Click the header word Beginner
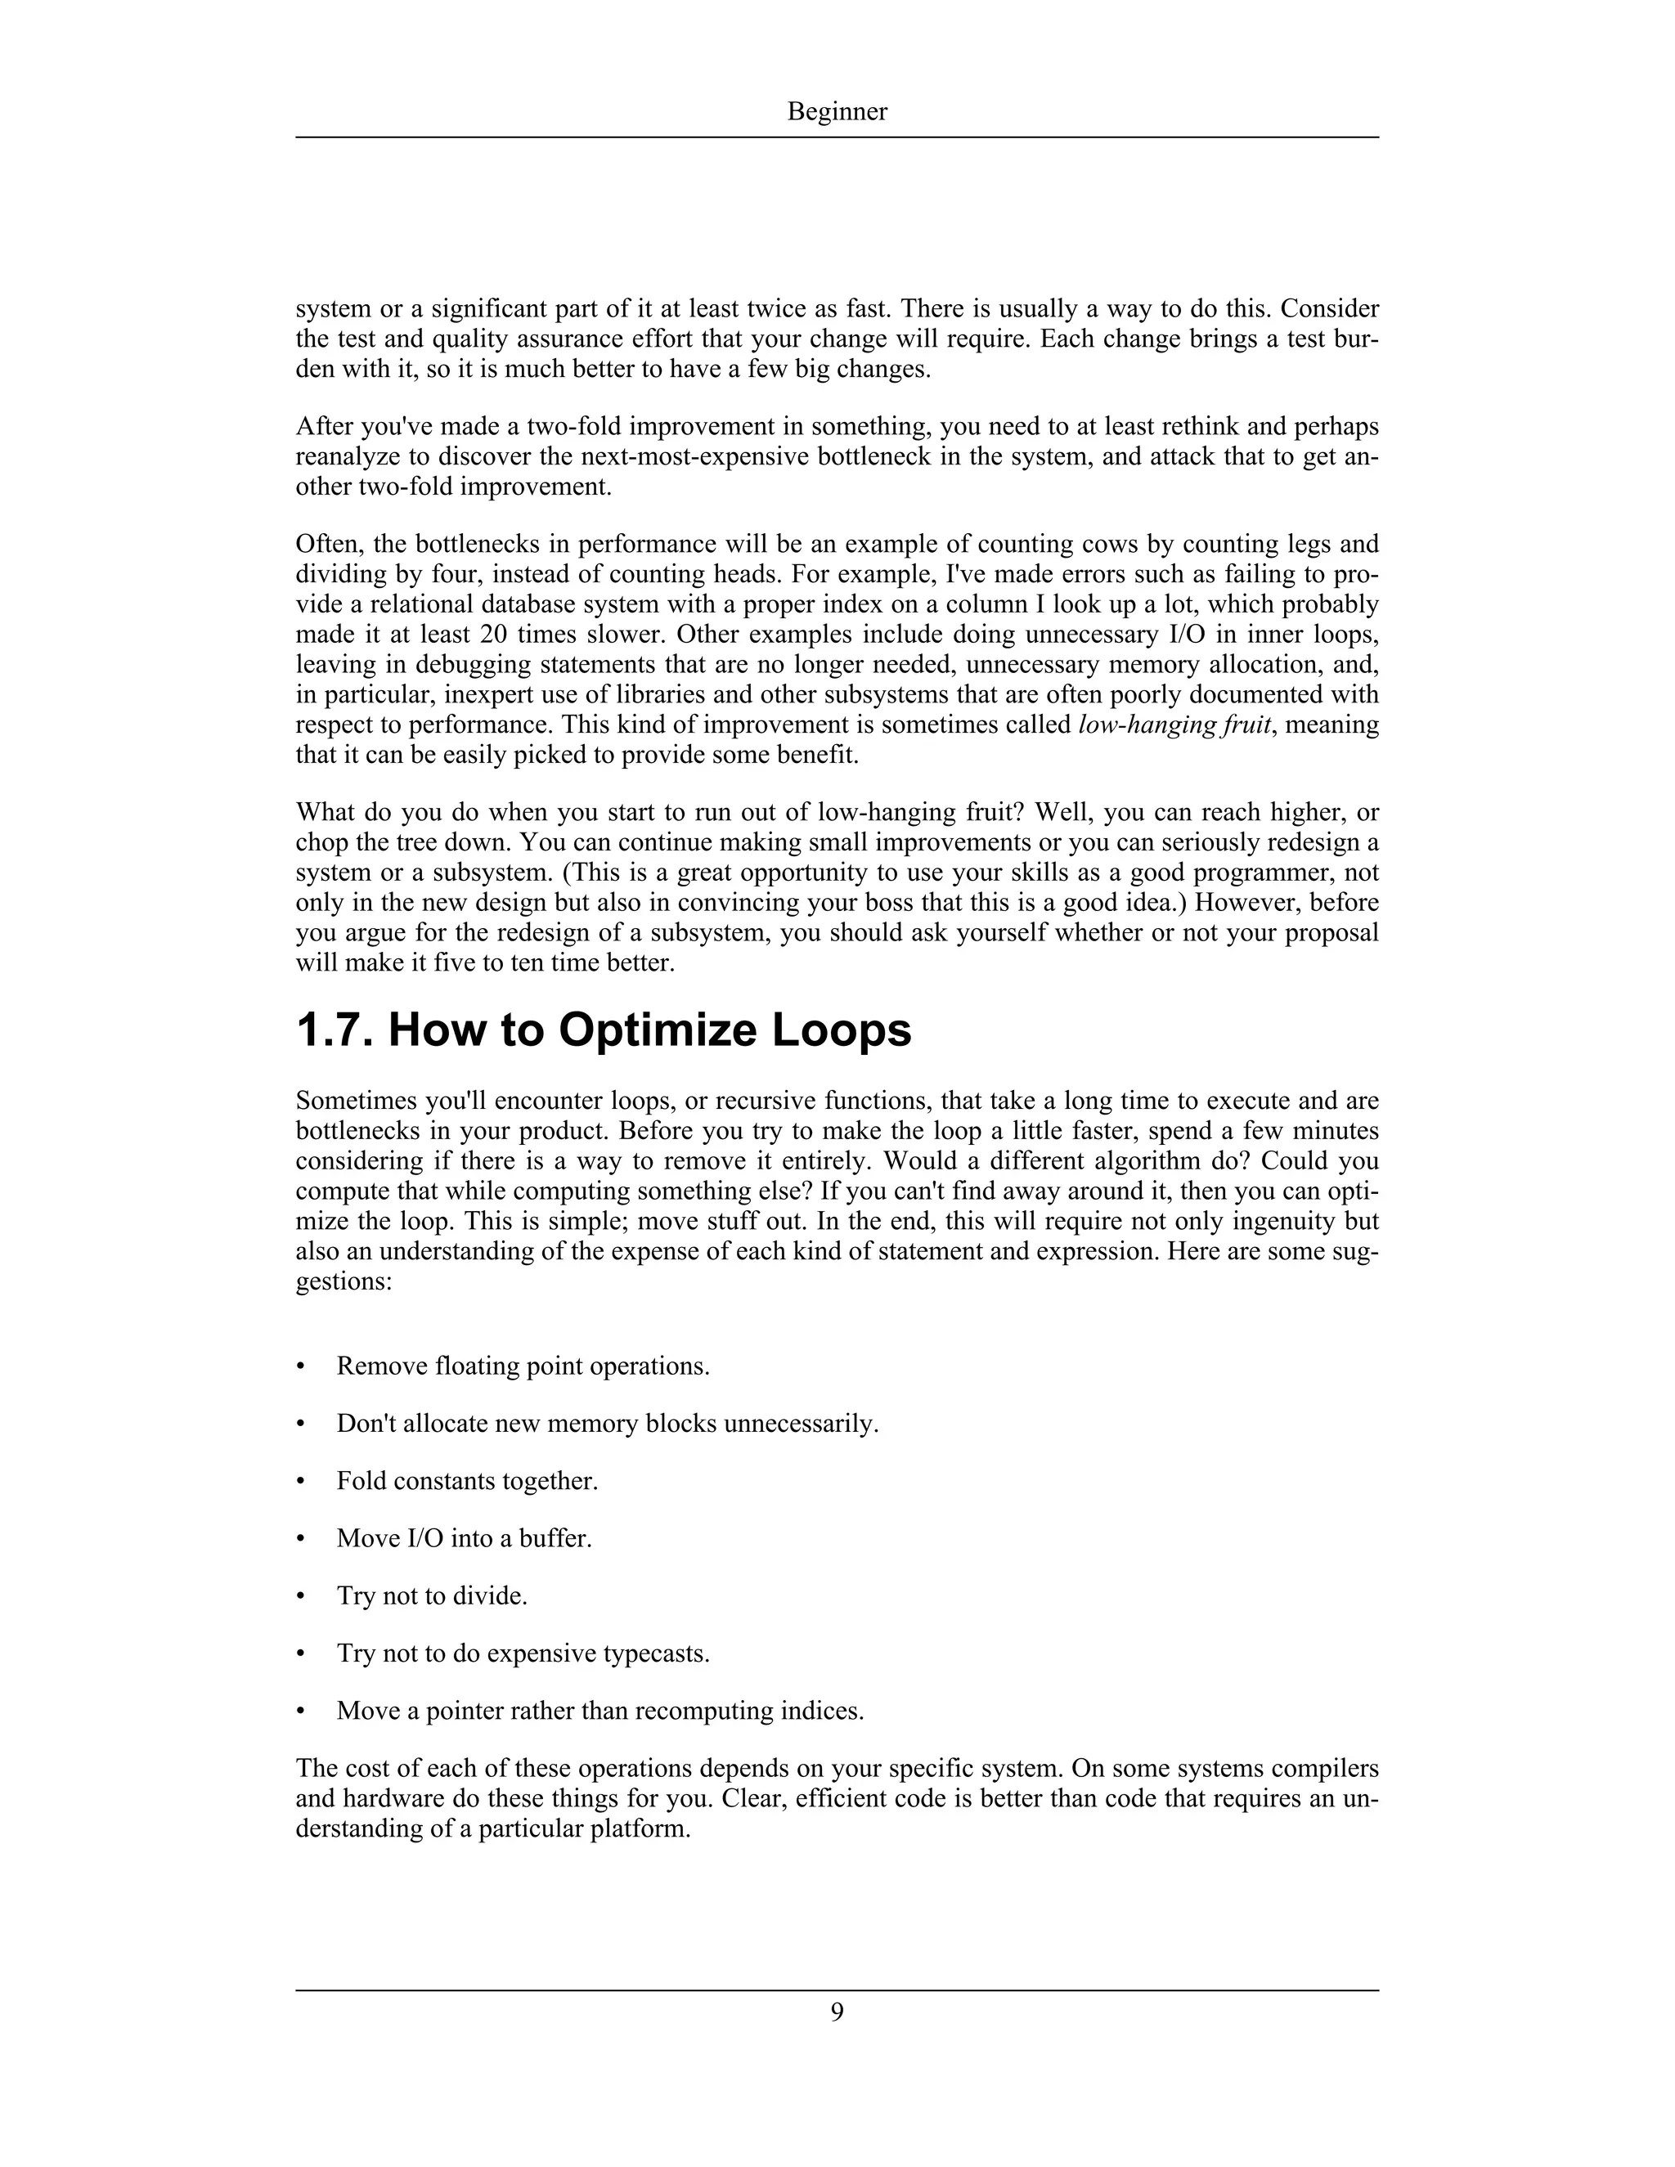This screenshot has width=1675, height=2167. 837,112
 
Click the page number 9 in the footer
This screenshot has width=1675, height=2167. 837,2012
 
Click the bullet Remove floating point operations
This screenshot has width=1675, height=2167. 523,1366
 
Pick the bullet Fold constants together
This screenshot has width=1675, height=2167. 466,1482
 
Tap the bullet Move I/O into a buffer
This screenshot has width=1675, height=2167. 464,1539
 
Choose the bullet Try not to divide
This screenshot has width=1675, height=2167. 432,1595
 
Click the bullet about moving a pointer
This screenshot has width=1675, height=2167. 599,1711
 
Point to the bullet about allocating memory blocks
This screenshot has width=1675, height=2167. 608,1424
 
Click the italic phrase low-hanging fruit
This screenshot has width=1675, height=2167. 1174,725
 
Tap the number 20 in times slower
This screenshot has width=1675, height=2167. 492,635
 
